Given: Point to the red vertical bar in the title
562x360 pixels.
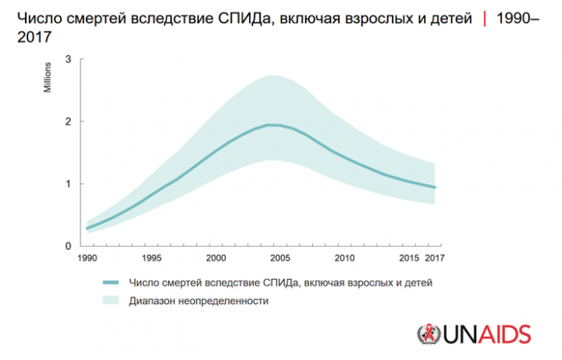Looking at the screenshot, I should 483,17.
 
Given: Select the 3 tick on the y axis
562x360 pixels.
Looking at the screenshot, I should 70,59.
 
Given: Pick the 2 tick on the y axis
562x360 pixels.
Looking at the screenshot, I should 70,121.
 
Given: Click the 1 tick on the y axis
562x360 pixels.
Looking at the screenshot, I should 70,184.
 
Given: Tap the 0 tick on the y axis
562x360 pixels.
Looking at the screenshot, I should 70,246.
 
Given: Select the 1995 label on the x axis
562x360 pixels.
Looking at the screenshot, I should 150,258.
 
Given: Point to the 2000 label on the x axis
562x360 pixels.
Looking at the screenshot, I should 215,258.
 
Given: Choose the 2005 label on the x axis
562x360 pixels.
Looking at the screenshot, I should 279,258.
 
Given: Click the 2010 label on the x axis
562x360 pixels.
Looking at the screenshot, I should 344,258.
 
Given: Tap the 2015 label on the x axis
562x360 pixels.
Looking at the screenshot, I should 409,258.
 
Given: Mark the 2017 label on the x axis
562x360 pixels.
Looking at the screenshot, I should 434,258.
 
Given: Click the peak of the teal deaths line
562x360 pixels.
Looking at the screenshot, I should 271,125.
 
